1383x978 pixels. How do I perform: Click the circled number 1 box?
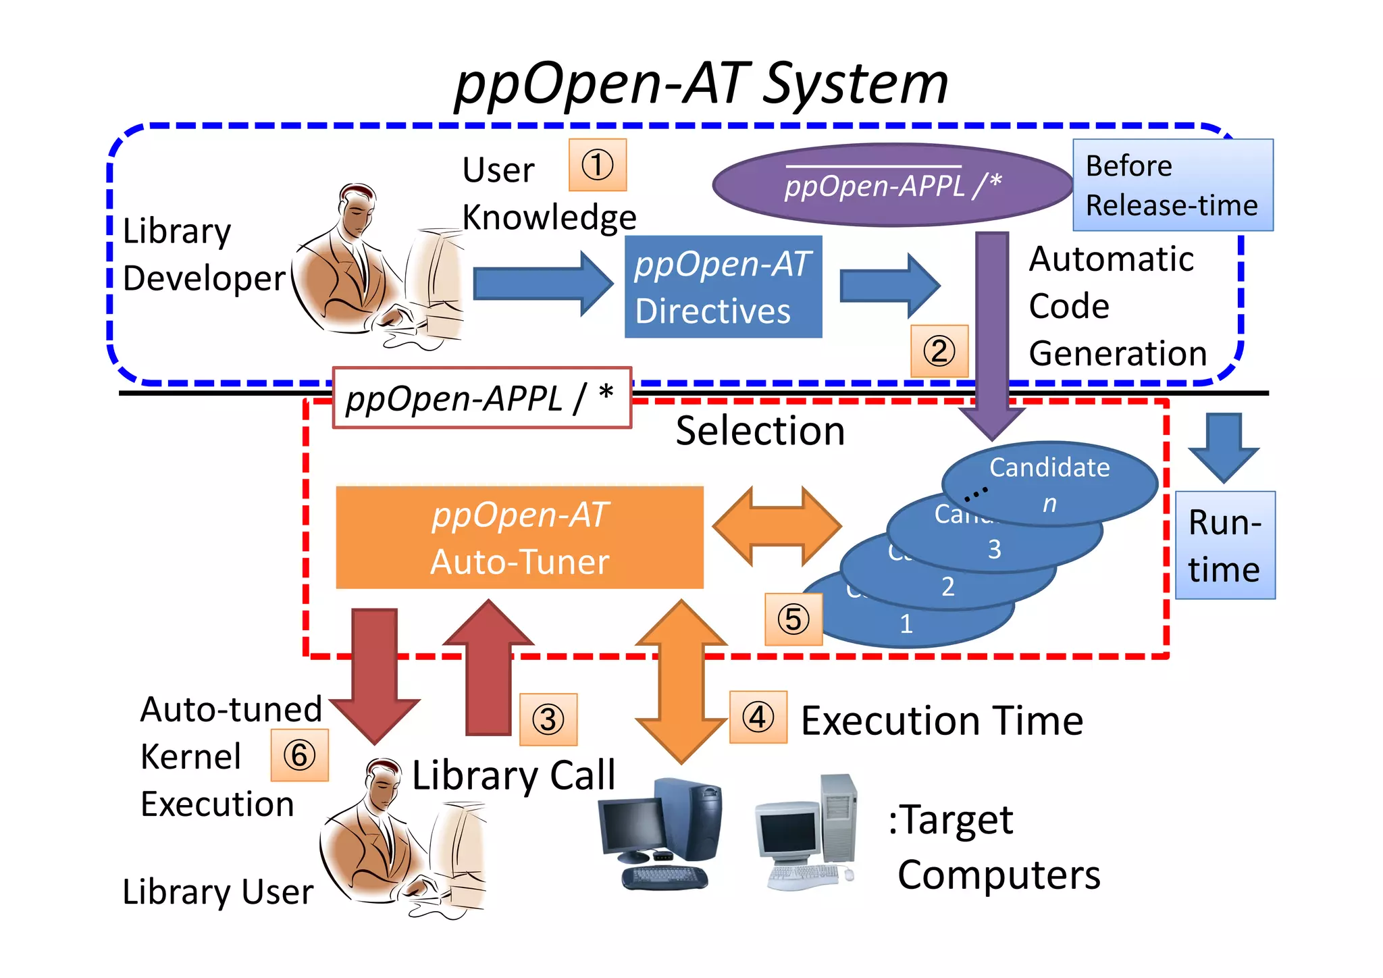[x=598, y=165]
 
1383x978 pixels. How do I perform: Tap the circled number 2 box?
[x=939, y=351]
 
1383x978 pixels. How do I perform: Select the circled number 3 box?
[x=548, y=719]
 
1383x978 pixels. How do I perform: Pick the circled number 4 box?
[x=758, y=717]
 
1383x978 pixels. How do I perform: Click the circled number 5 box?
[x=793, y=619]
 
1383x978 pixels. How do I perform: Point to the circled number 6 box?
[x=299, y=755]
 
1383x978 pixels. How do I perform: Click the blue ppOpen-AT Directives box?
[x=723, y=287]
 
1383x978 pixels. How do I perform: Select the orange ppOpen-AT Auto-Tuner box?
[x=519, y=538]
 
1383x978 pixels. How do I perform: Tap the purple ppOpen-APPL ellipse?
[x=892, y=185]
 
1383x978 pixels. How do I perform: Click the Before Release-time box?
[x=1172, y=185]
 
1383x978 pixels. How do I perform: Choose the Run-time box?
[x=1224, y=545]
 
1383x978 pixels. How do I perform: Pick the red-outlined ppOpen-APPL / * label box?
[x=481, y=398]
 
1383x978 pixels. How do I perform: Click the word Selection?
[x=760, y=431]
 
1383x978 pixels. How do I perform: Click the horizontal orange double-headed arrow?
[x=777, y=526]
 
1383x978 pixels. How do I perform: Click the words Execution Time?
[x=942, y=721]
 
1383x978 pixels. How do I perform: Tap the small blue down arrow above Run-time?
[x=1224, y=446]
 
